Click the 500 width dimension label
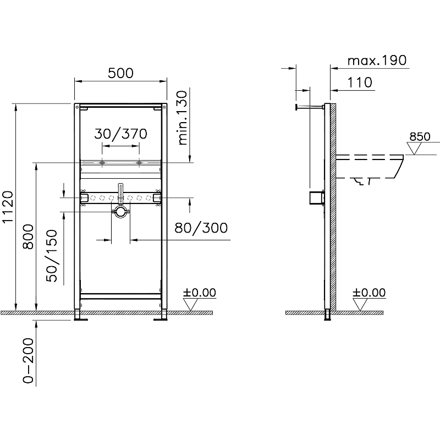click(121, 73)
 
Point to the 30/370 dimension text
click(120, 134)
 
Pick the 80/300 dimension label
click(200, 228)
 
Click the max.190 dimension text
click(377, 60)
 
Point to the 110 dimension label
click(360, 82)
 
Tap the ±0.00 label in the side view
click(369, 293)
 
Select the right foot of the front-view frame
click(163, 316)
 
